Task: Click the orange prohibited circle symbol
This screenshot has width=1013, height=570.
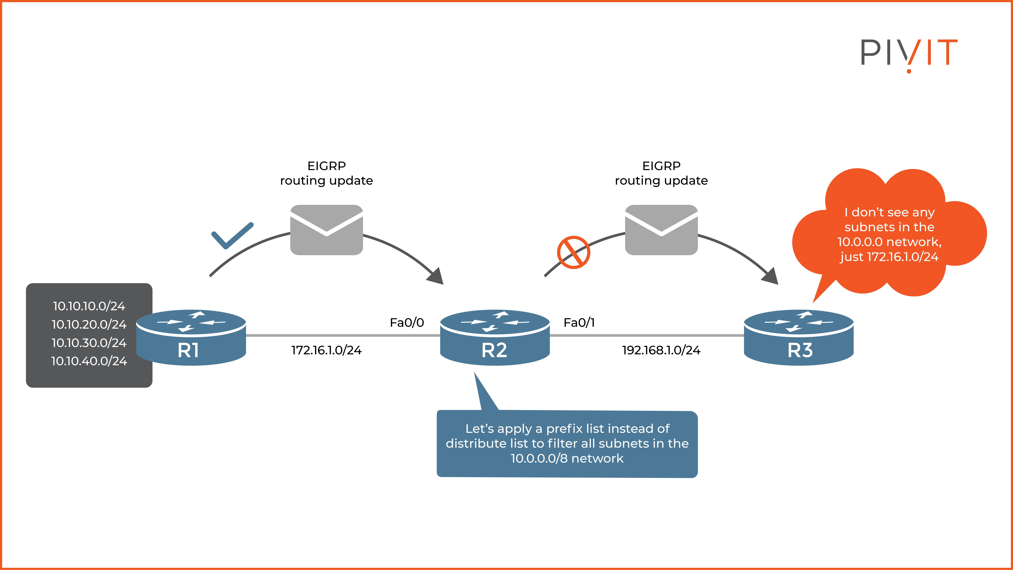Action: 573,252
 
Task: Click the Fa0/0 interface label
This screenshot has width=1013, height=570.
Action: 407,323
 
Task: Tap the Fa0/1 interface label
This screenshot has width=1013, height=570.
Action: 579,323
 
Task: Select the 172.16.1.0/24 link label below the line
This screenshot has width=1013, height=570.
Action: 326,350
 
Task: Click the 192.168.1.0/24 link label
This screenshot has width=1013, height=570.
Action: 661,350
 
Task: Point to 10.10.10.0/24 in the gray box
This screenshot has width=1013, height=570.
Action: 89,306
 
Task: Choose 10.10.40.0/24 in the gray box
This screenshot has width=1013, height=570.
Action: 89,361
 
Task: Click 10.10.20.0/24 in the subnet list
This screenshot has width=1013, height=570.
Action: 89,325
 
